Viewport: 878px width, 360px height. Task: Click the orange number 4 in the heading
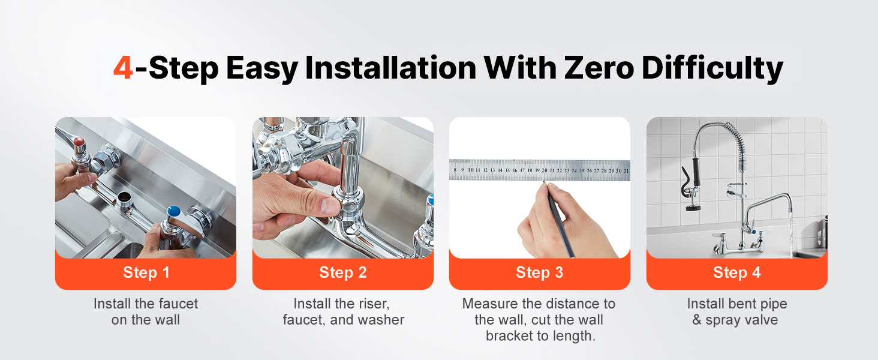tap(123, 67)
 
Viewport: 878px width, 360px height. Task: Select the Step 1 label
tap(146, 272)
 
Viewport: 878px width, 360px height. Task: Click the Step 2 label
tap(343, 272)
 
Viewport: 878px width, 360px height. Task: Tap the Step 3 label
tap(539, 272)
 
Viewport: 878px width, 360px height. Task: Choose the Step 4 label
tap(737, 272)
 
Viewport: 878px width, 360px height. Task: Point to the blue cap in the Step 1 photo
tap(174, 211)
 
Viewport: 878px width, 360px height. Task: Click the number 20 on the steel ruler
tap(545, 170)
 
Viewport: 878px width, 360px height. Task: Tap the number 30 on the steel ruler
tap(618, 170)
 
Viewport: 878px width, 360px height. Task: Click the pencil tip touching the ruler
tap(545, 182)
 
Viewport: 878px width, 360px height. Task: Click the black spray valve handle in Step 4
tap(696, 172)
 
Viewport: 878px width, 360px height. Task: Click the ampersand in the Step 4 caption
tap(696, 320)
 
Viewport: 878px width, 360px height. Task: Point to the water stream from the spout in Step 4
tap(791, 232)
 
